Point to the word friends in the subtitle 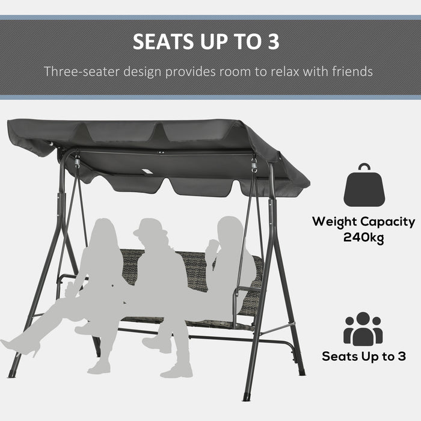pos(352,72)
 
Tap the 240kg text pos(363,237)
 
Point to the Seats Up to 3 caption pos(363,356)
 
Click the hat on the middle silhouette pos(149,227)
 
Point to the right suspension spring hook pos(254,164)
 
